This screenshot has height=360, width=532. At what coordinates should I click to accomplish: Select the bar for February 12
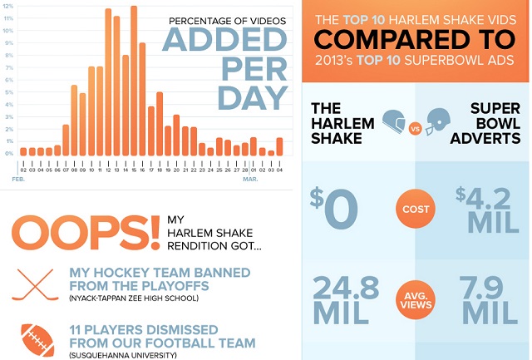click(109, 83)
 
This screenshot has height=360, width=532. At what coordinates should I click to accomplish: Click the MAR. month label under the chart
click(250, 179)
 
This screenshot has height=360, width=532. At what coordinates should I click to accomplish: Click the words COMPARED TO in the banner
click(414, 39)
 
